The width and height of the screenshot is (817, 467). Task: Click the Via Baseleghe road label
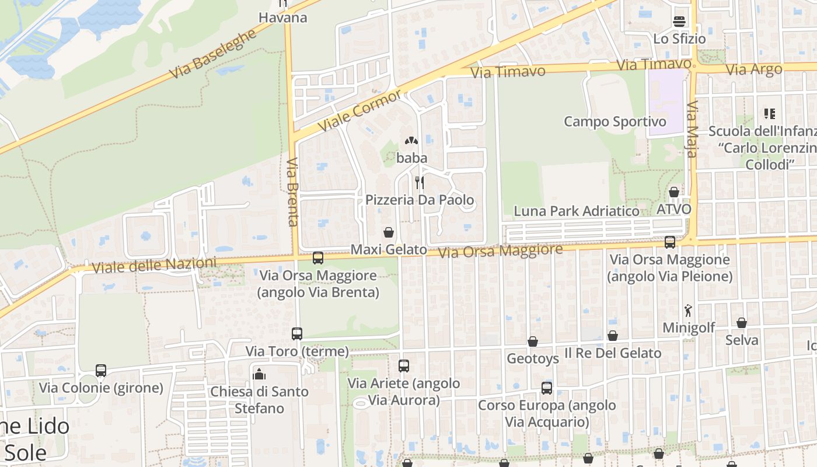tap(213, 54)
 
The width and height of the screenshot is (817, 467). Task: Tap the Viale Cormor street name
tap(360, 110)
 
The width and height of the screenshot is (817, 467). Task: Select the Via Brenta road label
tap(293, 191)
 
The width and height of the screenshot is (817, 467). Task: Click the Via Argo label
tap(753, 69)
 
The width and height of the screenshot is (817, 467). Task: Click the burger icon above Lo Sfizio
tap(679, 22)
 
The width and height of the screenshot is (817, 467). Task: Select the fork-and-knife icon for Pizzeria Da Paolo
tap(419, 183)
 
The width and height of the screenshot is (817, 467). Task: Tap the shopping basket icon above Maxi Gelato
tap(389, 232)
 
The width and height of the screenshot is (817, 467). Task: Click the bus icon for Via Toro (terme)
tap(297, 334)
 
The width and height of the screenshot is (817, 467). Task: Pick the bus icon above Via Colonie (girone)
tap(101, 371)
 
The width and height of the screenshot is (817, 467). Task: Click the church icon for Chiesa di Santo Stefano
tap(259, 374)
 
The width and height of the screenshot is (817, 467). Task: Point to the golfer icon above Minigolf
tap(689, 311)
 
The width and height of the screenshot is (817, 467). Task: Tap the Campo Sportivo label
tap(615, 121)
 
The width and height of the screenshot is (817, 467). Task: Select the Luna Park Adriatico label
tap(576, 211)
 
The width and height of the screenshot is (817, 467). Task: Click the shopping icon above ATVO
tap(674, 192)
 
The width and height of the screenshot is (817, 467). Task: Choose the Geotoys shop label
tap(533, 358)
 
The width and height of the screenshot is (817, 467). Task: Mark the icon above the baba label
tap(411, 141)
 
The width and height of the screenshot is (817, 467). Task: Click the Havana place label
tap(282, 18)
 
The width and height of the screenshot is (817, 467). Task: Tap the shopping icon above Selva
tap(742, 323)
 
